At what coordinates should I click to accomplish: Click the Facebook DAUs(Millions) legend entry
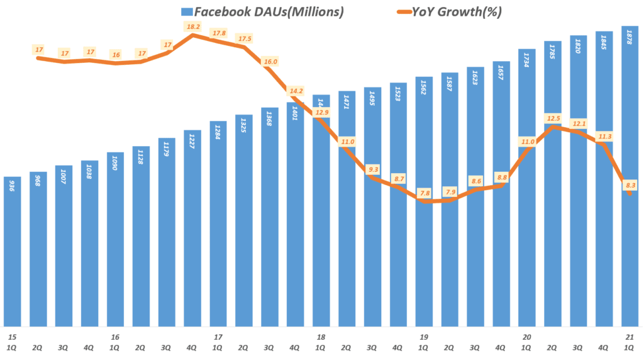[x=258, y=11]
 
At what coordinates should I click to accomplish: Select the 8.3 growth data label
[x=630, y=185]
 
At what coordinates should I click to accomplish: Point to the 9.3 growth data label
[x=373, y=169]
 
